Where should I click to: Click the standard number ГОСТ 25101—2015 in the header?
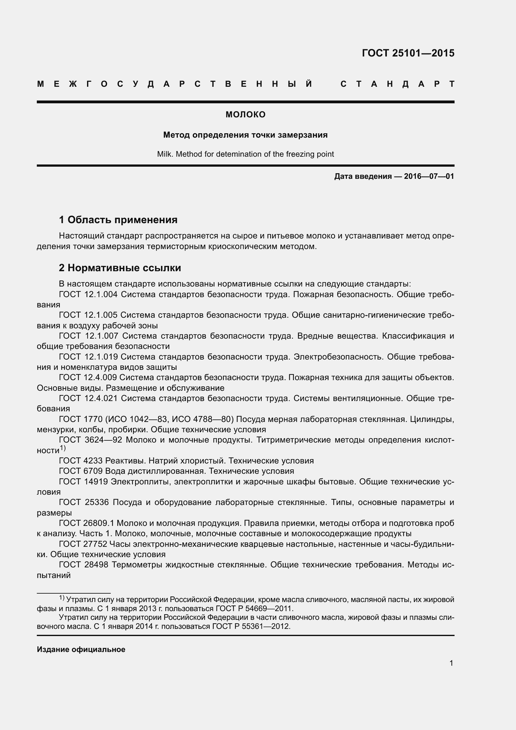[408, 53]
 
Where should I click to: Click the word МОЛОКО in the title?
[245, 115]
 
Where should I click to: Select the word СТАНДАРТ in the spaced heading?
[397, 84]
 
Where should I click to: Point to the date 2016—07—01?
[429, 176]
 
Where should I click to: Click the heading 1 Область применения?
[118, 220]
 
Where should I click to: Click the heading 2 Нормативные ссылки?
[120, 268]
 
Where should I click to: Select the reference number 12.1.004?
[101, 294]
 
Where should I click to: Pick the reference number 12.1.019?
[101, 357]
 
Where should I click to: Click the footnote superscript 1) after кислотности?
[63, 448]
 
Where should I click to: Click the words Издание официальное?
[81, 649]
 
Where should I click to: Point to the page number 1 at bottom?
[451, 663]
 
